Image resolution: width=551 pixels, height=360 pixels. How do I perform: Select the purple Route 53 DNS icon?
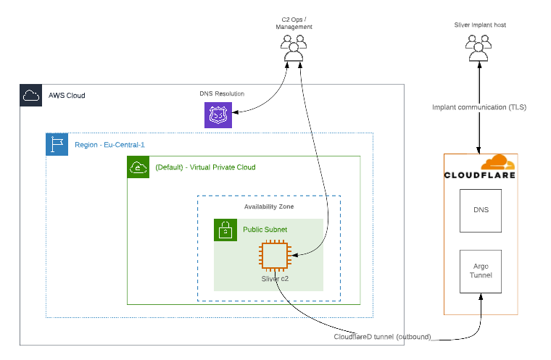[x=218, y=114]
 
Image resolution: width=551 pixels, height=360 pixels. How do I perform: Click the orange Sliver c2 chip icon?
[x=275, y=255]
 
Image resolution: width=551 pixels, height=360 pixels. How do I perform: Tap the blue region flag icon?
[x=57, y=144]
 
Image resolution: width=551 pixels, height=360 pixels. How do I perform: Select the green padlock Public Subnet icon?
[x=225, y=230]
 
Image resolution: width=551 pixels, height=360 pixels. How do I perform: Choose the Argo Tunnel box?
[x=480, y=271]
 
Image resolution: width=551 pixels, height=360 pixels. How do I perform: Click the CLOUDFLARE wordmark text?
[x=480, y=175]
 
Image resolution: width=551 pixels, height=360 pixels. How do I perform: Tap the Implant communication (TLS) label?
[x=479, y=107]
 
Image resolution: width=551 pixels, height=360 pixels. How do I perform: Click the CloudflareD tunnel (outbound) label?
[x=382, y=337]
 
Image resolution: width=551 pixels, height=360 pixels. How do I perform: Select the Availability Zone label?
[x=269, y=206]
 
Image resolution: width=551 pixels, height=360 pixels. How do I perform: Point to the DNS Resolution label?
[x=222, y=93]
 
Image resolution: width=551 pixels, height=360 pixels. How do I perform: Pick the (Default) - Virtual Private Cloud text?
[x=205, y=167]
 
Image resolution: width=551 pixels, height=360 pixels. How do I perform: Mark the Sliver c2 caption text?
[x=275, y=277]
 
